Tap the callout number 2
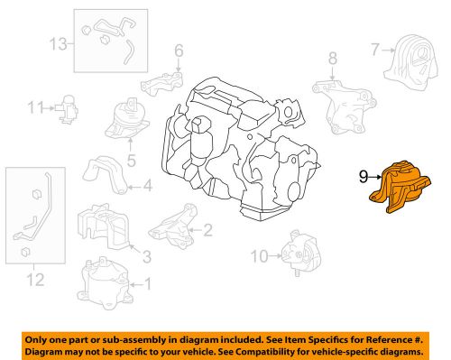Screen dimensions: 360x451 click(207, 230)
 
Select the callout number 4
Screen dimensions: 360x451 click(148, 188)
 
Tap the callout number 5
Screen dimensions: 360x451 click(131, 162)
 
